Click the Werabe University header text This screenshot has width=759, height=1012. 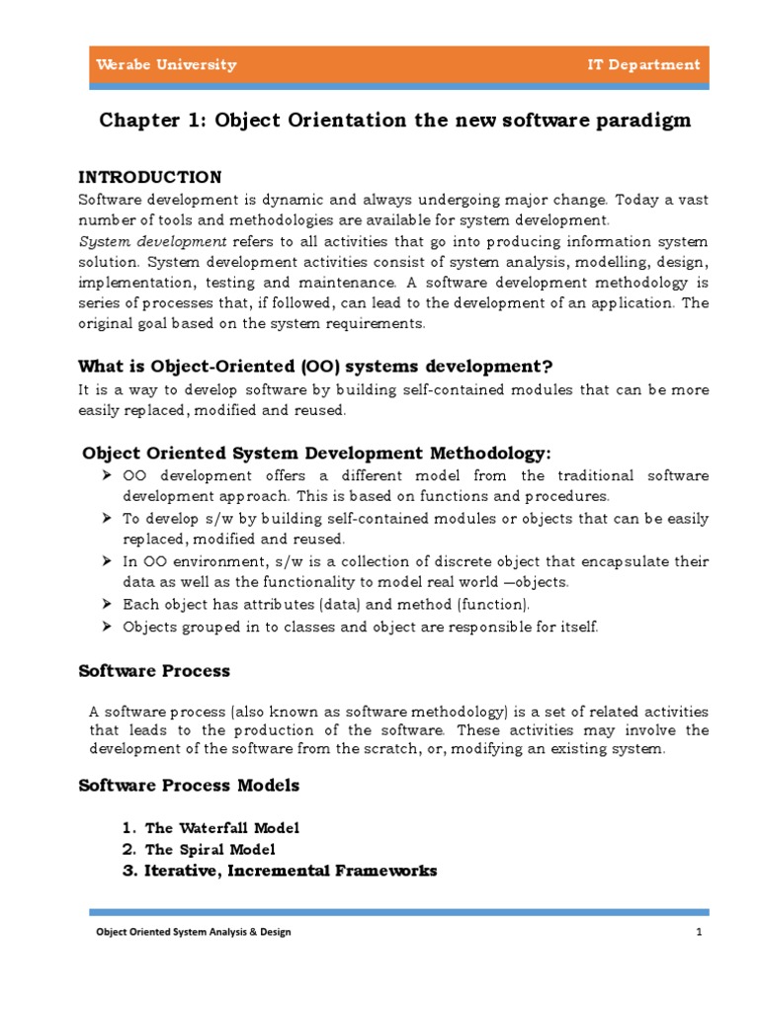[166, 65]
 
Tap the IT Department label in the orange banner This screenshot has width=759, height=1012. [642, 65]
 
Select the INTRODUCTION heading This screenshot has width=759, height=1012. [150, 178]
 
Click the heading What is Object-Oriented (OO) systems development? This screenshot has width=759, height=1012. [314, 366]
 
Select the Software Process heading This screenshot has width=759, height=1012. [154, 671]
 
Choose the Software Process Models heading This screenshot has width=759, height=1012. [189, 786]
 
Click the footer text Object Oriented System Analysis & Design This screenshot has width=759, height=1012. [193, 932]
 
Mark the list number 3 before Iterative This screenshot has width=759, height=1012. [128, 872]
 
